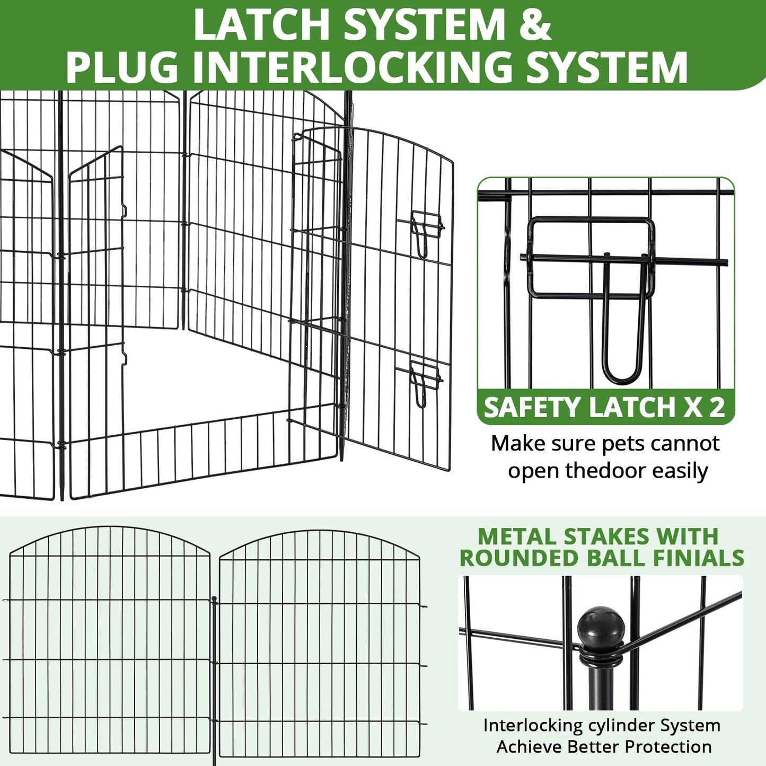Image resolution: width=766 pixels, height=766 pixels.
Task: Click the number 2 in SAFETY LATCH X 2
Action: point(716,408)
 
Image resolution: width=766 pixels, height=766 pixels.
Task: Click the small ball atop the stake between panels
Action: point(214,600)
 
